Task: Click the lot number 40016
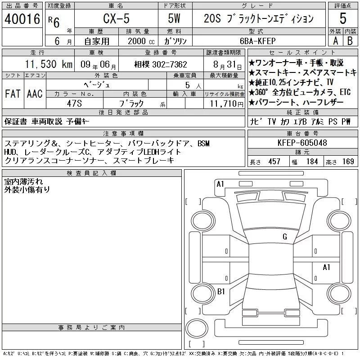point(22,19)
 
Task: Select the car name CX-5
point(116,18)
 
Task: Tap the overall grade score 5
point(343,18)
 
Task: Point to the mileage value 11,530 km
point(49,64)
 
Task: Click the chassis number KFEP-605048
point(302,143)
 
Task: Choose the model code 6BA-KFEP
point(257,41)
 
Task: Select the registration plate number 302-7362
point(170,64)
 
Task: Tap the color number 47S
point(74,103)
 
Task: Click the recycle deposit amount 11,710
point(223,104)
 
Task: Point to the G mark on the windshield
point(285,237)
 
